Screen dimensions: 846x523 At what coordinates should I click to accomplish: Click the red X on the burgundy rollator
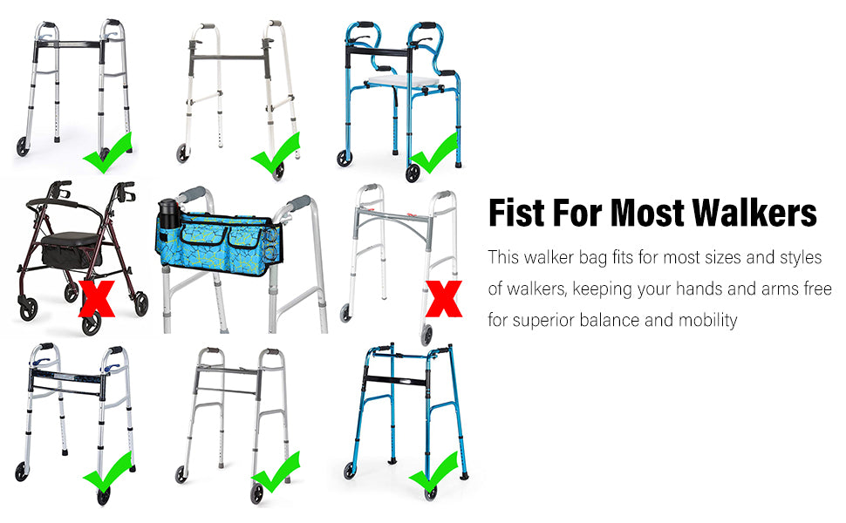(x=97, y=298)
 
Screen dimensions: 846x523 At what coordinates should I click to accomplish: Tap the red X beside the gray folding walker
(x=444, y=298)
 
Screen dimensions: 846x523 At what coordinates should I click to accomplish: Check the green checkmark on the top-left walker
(x=108, y=153)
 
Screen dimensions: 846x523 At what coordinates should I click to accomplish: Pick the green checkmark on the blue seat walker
(x=434, y=153)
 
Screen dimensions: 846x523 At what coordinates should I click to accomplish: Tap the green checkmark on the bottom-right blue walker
(x=434, y=472)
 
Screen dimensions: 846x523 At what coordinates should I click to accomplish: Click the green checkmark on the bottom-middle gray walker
(x=276, y=472)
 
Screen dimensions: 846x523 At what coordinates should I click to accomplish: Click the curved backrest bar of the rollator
(x=65, y=203)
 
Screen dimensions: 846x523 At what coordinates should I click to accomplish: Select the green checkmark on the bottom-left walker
(x=108, y=472)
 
